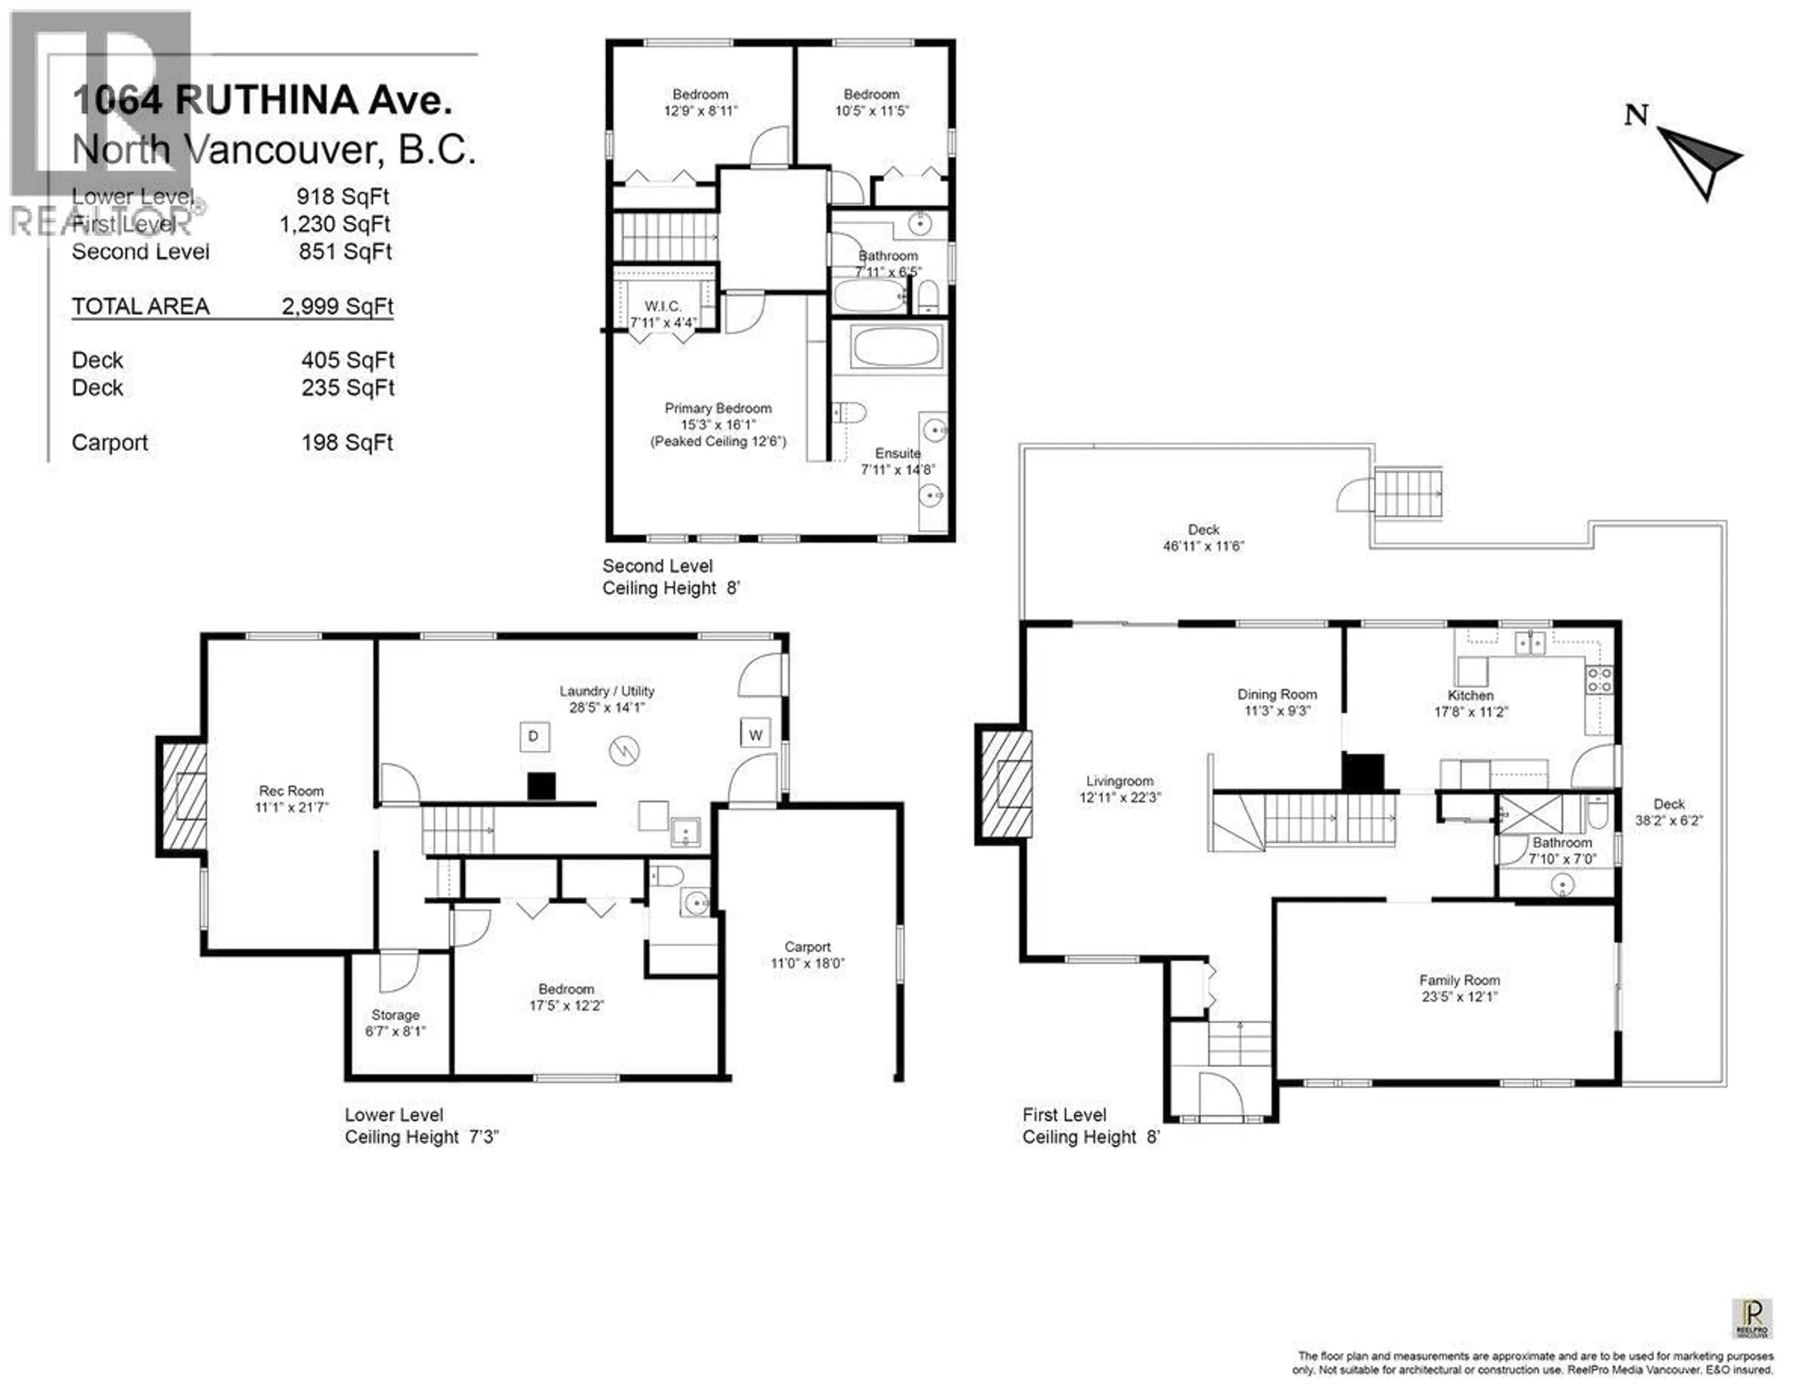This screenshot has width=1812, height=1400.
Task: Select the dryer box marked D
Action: click(x=534, y=736)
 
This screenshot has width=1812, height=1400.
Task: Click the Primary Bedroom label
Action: click(x=718, y=408)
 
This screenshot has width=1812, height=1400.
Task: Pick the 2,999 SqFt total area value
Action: click(x=337, y=306)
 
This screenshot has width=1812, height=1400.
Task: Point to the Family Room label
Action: click(x=1460, y=980)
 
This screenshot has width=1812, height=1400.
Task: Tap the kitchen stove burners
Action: click(x=1599, y=681)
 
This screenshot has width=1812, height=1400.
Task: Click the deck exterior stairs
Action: click(x=1408, y=493)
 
